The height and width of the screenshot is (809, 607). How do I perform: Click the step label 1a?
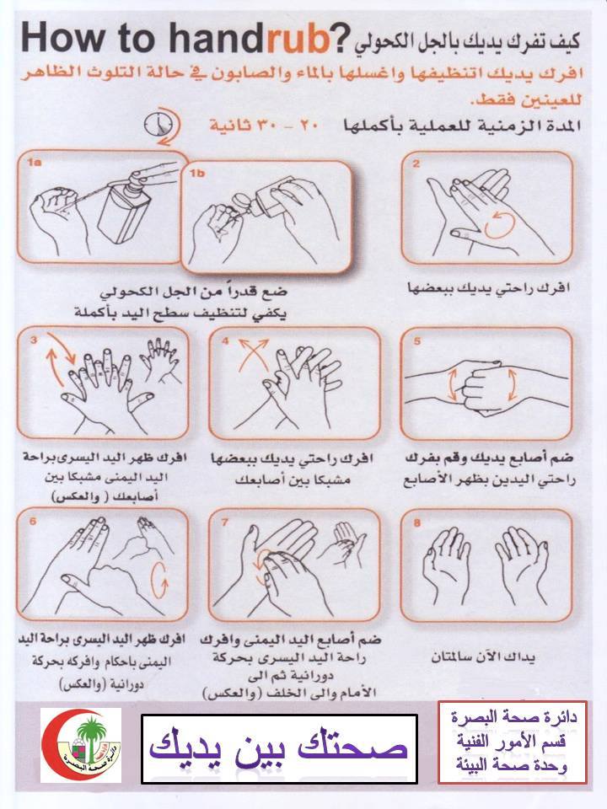coord(35,163)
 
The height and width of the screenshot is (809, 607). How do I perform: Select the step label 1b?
coord(197,174)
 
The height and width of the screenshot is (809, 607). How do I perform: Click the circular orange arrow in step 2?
coord(500,224)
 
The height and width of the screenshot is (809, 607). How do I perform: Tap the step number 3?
coord(34,340)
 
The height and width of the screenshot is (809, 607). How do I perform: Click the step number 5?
coord(417,340)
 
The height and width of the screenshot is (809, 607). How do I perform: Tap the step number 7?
coord(225,522)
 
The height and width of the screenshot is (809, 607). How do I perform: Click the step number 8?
coord(417,523)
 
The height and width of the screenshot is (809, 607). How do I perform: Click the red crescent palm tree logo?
coord(81,744)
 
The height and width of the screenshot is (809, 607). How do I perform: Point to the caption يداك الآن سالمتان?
coord(483,656)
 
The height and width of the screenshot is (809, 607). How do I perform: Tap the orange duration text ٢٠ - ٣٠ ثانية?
coord(263,126)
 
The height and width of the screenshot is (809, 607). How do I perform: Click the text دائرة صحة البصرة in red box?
coord(513,717)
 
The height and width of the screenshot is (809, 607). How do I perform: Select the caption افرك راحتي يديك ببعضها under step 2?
coord(488,288)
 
